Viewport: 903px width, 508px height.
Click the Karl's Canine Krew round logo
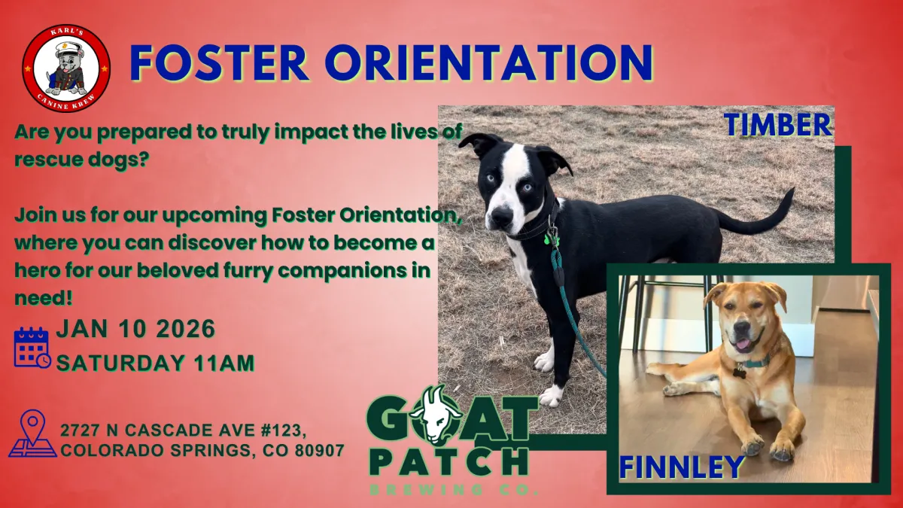[x=66, y=68]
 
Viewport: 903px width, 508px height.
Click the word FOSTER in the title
[x=219, y=63]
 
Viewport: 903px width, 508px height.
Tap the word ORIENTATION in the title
[x=489, y=63]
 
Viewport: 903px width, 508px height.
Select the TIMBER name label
[x=778, y=125]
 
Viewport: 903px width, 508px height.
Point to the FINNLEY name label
[x=681, y=467]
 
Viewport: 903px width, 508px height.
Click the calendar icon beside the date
[x=32, y=348]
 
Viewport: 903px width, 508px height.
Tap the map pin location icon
[x=32, y=433]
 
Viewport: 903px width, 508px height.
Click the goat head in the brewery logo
[x=435, y=415]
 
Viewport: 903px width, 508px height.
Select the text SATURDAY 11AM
[x=156, y=364]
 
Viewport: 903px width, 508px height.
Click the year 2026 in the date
[x=185, y=329]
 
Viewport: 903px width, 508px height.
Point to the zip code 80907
[x=319, y=450]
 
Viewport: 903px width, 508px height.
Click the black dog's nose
[x=501, y=216]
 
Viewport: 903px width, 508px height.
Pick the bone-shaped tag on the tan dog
[x=739, y=372]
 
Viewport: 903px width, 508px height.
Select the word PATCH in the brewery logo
[x=448, y=462]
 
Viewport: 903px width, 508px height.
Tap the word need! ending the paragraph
[x=44, y=298]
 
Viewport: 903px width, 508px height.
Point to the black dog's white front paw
[x=552, y=396]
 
